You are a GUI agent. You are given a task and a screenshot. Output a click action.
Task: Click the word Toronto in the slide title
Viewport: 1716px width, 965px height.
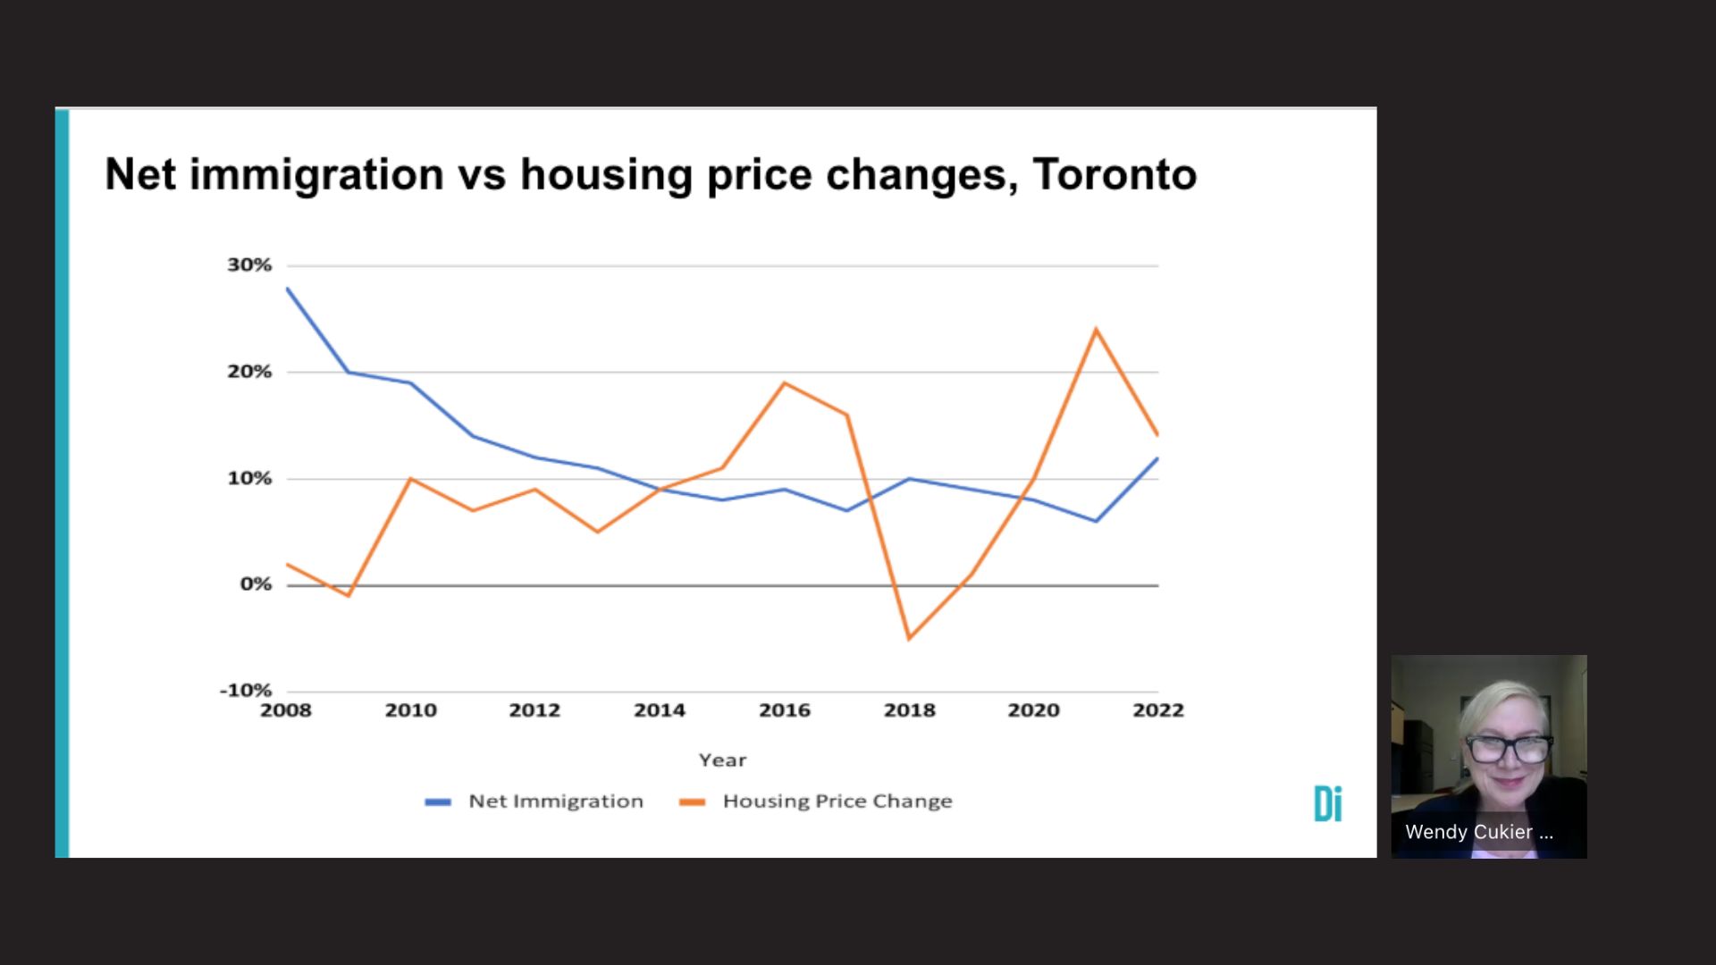point(1114,174)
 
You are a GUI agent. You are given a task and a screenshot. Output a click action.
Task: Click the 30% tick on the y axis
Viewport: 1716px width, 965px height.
point(249,265)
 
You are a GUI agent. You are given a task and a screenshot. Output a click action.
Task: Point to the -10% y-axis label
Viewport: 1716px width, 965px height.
point(246,691)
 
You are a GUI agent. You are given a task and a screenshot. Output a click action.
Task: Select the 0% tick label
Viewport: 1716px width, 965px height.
point(256,584)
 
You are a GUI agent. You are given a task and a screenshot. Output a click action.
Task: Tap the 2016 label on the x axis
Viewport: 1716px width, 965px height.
point(784,710)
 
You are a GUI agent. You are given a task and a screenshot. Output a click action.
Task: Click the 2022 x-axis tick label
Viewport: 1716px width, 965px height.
point(1157,710)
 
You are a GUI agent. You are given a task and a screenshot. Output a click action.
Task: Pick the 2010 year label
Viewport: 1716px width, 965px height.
point(410,710)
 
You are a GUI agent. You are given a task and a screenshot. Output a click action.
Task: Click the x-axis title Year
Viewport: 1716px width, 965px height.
point(722,760)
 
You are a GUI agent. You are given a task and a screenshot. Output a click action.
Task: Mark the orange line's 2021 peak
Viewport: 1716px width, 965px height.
point(1096,330)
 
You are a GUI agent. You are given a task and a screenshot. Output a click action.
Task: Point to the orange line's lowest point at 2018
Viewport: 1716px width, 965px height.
point(909,638)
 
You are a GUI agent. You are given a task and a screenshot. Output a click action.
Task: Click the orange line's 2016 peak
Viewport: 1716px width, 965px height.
point(784,383)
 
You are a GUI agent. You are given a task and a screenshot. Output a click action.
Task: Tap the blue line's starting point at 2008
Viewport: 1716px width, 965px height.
point(287,289)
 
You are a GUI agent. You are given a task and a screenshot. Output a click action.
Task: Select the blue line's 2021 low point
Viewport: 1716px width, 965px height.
point(1096,521)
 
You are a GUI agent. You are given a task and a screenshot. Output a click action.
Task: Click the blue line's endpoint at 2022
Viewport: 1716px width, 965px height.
point(1157,458)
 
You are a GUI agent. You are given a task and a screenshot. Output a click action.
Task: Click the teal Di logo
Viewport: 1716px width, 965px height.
point(1327,803)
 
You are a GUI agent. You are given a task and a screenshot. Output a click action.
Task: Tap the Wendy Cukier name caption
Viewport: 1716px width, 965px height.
point(1478,832)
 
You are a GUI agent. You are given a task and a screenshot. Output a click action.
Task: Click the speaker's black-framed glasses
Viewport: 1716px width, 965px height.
point(1508,749)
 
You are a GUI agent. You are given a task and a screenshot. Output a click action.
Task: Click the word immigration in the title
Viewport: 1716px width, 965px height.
point(316,174)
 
